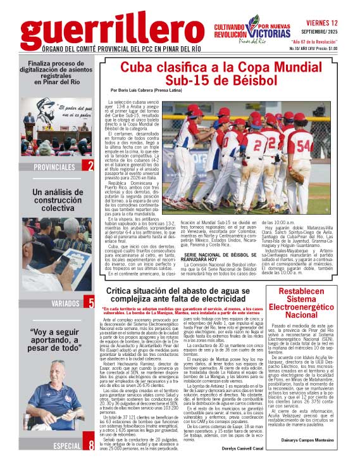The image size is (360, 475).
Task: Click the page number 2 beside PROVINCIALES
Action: pyautogui.click(x=91, y=167)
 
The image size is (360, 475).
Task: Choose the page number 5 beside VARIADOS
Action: pyautogui.click(x=91, y=303)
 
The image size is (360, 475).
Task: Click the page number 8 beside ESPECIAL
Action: pyautogui.click(x=91, y=464)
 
